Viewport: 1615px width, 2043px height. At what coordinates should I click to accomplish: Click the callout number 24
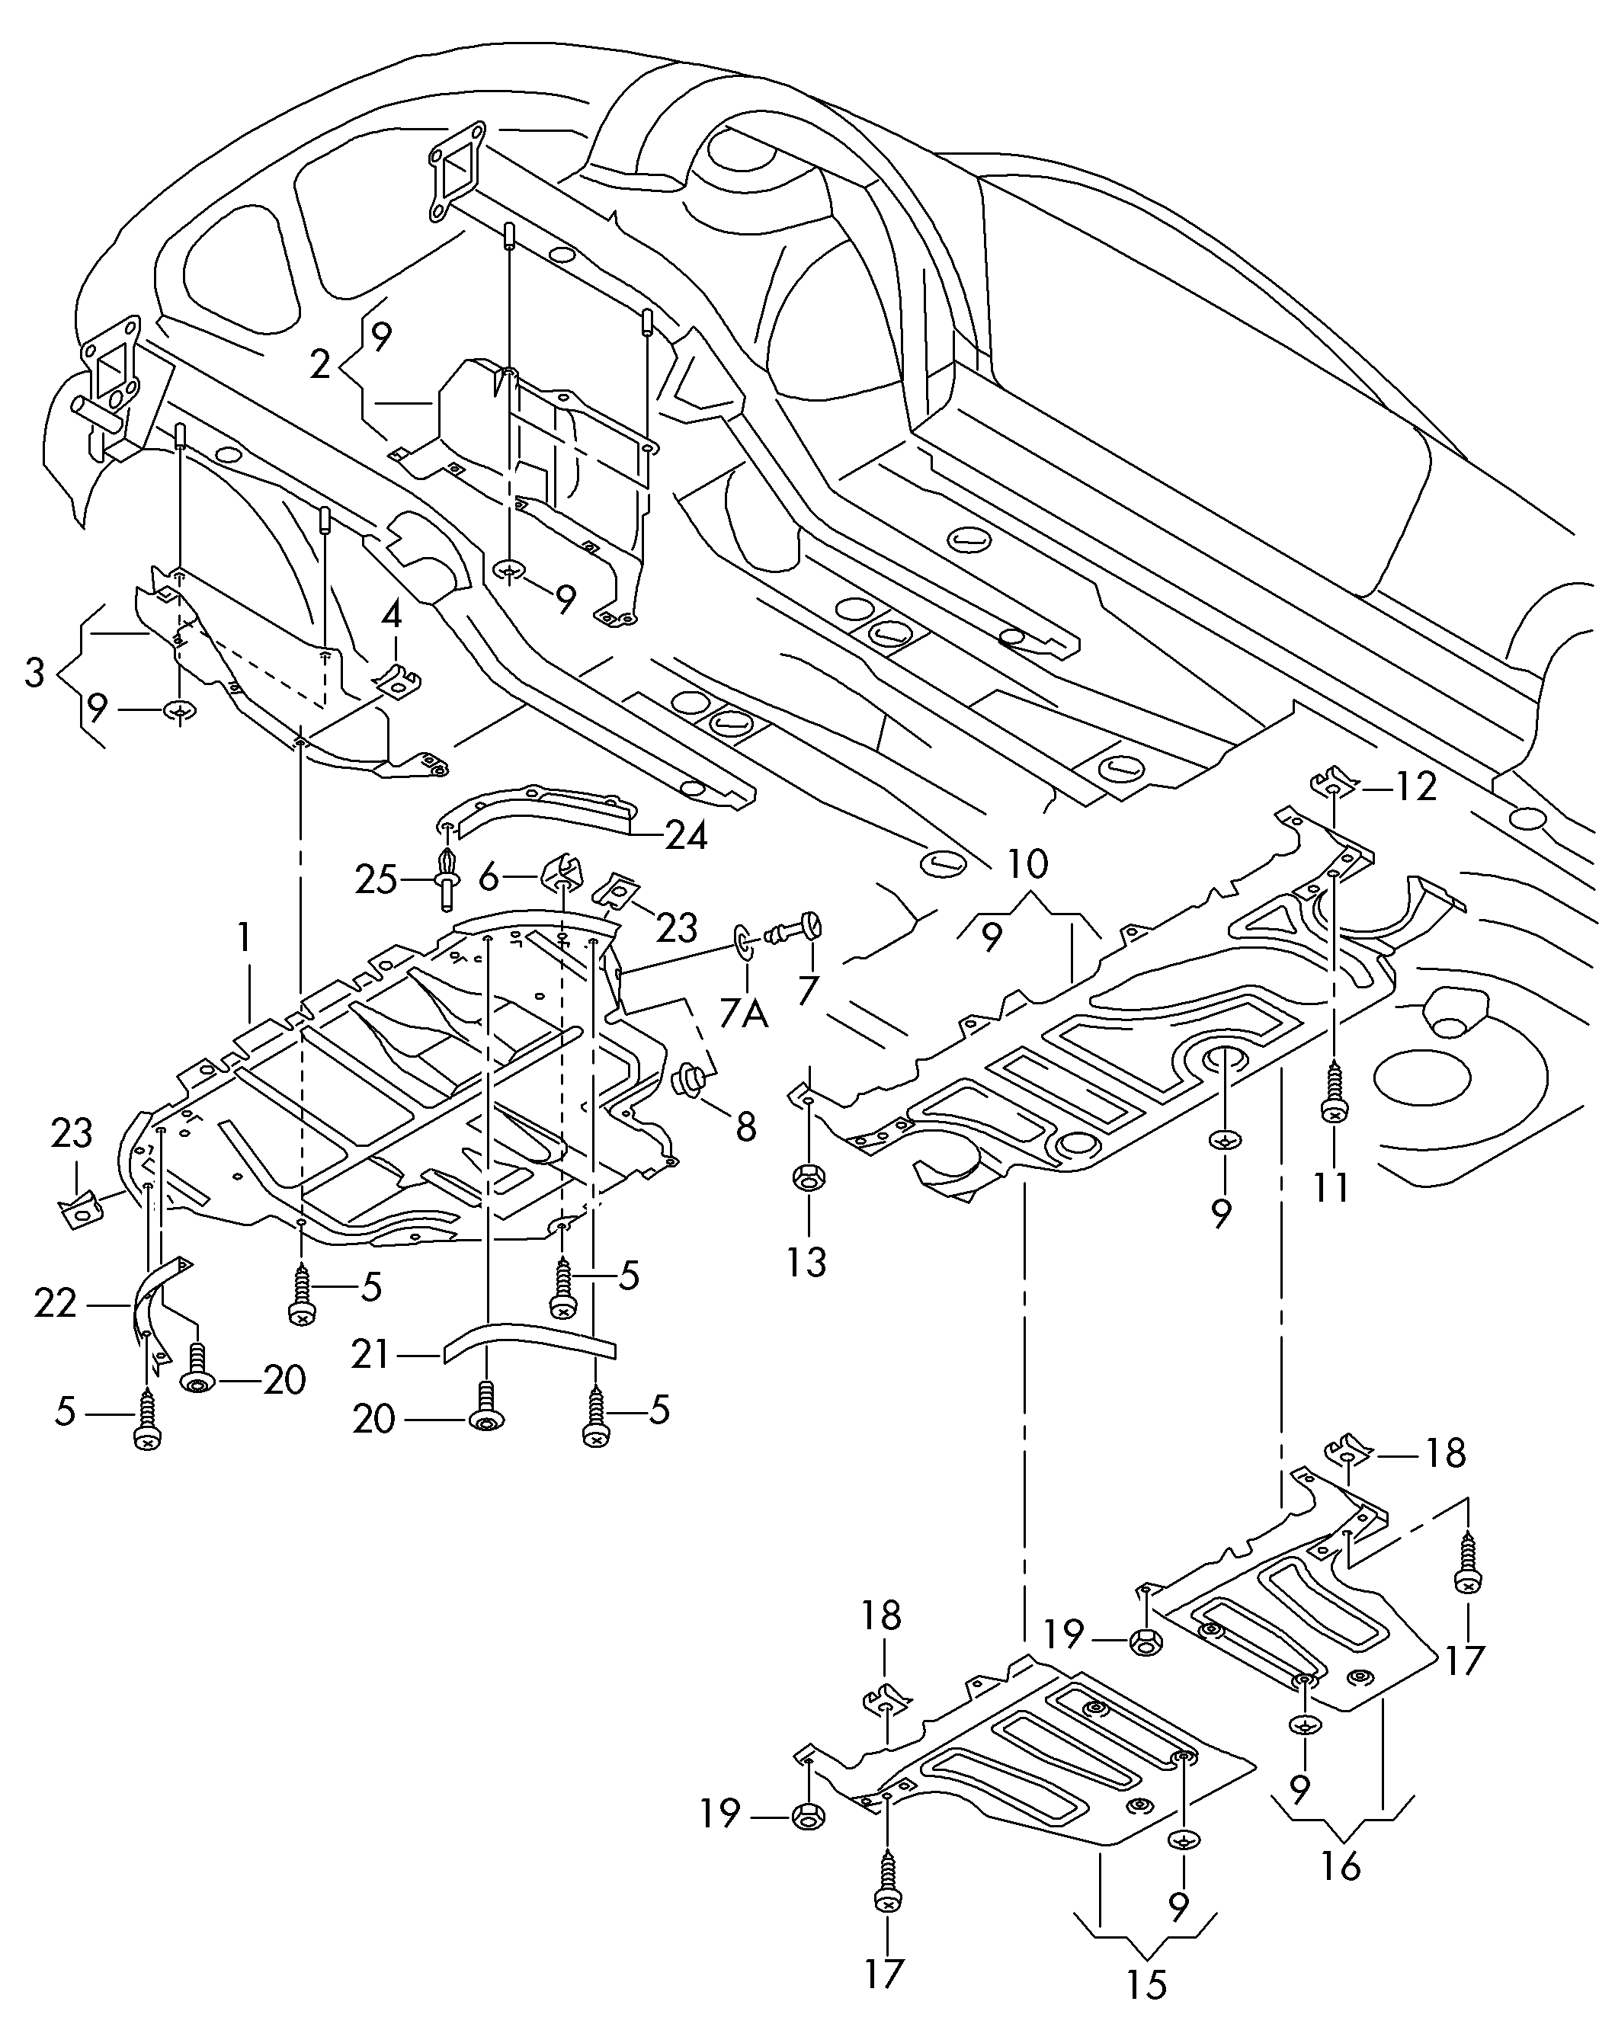pos(687,834)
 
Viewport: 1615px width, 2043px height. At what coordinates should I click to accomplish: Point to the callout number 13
pos(806,1261)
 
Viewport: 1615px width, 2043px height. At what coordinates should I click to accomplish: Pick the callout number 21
pos(370,1355)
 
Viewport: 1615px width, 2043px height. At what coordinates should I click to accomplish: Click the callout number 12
pos(1415,786)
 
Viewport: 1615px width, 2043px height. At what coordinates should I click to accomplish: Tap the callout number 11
pos(1331,1186)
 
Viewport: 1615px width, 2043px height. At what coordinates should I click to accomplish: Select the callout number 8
pos(746,1127)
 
